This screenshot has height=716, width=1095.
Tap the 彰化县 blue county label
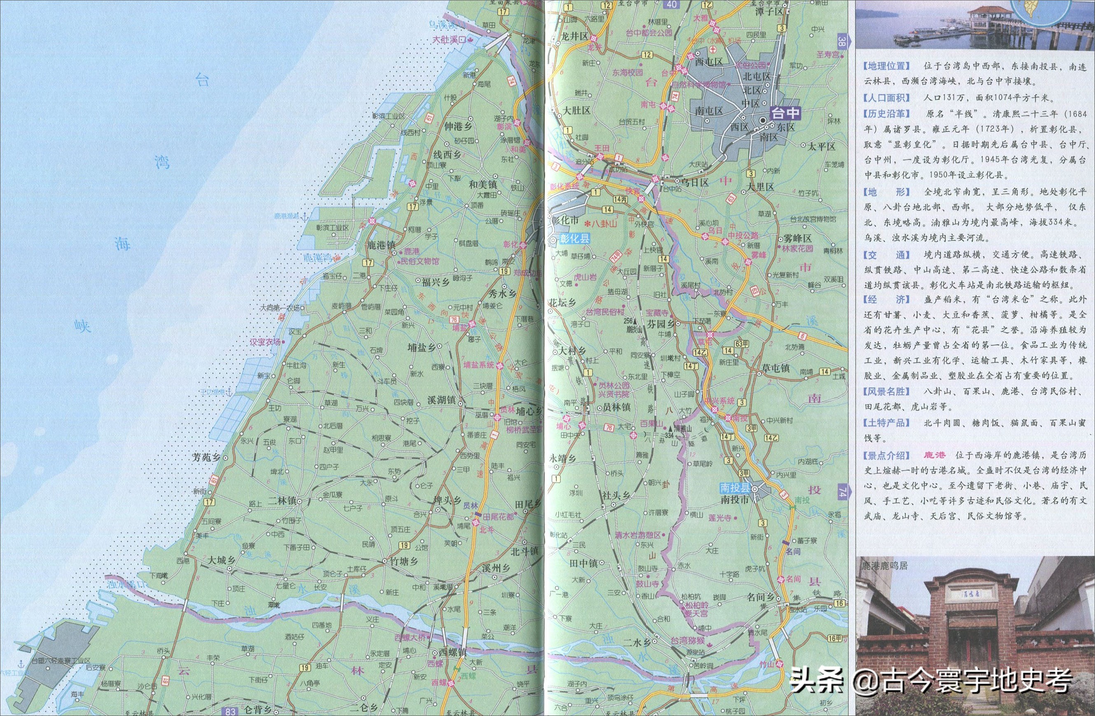tap(574, 239)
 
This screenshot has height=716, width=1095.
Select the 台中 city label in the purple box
tap(785, 113)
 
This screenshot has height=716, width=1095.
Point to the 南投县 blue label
tap(735, 488)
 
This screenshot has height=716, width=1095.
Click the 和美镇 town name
tap(483, 184)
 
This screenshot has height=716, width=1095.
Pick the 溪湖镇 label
tap(441, 400)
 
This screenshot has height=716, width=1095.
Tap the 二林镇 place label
tap(282, 501)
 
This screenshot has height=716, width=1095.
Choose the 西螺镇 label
tap(452, 652)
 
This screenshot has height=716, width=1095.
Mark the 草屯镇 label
tap(775, 368)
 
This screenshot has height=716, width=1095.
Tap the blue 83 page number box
tap(231, 711)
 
